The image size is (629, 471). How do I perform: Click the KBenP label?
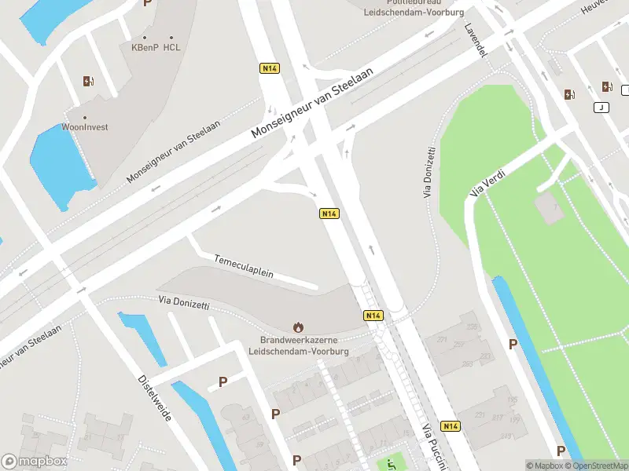coord(145,47)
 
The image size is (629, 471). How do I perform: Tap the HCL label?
coord(172,47)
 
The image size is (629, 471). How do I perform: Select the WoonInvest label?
coord(85,126)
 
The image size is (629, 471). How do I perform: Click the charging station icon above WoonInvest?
coord(88,81)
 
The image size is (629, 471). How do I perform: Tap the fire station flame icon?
coord(298,327)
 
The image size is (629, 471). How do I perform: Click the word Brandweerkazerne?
coord(298,340)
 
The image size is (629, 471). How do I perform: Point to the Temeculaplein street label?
coord(244,265)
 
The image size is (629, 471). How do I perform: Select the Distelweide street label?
coord(155,396)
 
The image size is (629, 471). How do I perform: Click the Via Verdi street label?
coord(486,182)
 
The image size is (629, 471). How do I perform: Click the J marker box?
coord(601,108)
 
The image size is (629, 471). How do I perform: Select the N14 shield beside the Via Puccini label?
coord(451,426)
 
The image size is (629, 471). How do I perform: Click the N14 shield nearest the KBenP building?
coord(270,68)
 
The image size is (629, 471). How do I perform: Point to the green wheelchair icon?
coord(391,465)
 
